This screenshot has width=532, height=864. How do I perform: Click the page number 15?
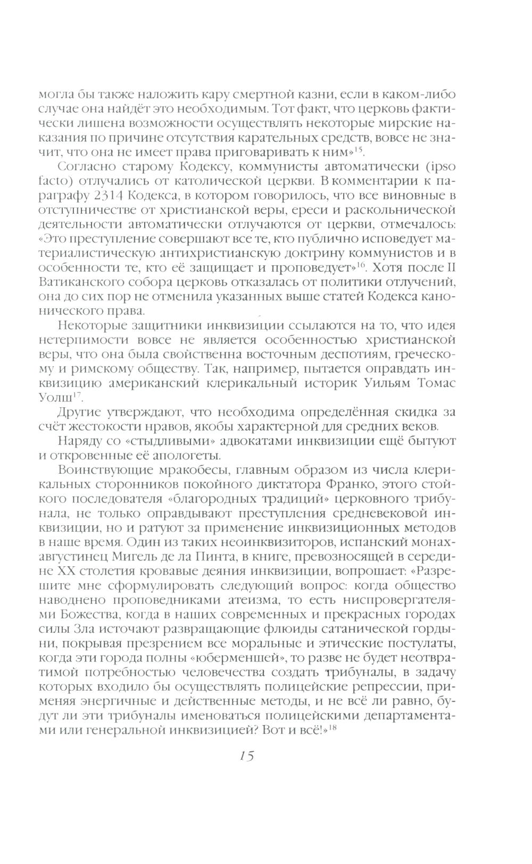click(246, 756)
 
